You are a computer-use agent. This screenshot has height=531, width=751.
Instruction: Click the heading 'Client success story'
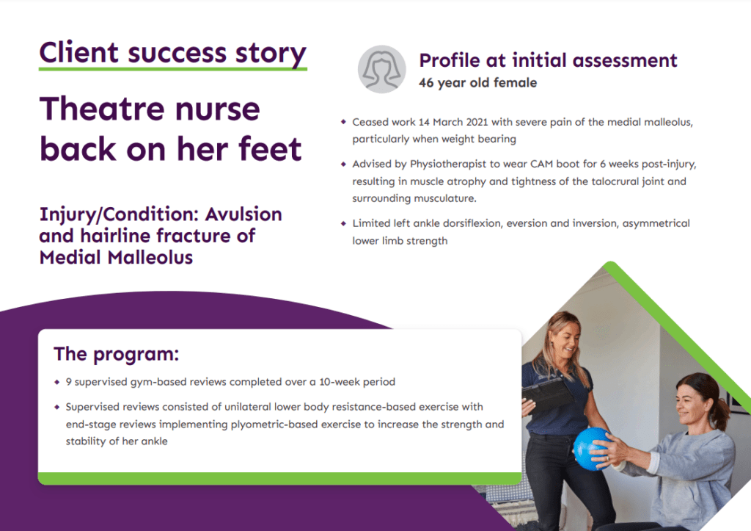pyautogui.click(x=172, y=53)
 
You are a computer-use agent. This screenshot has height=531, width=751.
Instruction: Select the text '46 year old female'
pyautogui.click(x=477, y=83)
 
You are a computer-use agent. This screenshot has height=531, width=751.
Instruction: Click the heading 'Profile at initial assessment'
pyautogui.click(x=548, y=60)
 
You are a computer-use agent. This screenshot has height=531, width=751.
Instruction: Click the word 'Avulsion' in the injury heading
pyautogui.click(x=243, y=215)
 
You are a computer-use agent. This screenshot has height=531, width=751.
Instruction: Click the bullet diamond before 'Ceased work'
pyautogui.click(x=342, y=122)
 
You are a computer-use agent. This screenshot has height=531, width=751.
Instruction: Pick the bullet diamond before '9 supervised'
pyautogui.click(x=57, y=382)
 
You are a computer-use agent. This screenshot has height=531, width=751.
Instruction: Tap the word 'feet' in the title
pyautogui.click(x=269, y=148)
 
